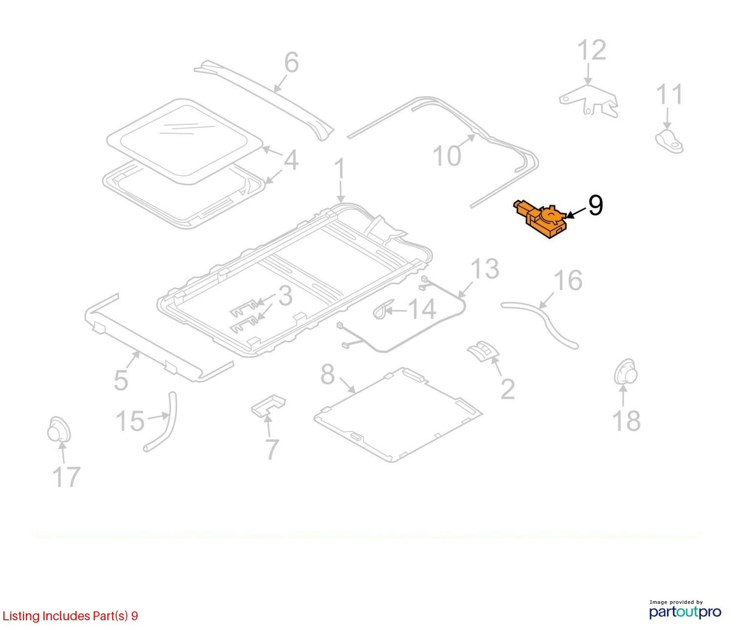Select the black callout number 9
(x=595, y=205)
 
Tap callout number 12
(x=592, y=50)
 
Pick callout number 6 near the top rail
(x=291, y=63)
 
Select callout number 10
(x=447, y=156)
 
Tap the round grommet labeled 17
(x=59, y=429)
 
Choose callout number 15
(x=130, y=421)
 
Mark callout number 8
(x=328, y=375)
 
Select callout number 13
(x=485, y=268)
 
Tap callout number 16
(x=568, y=281)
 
